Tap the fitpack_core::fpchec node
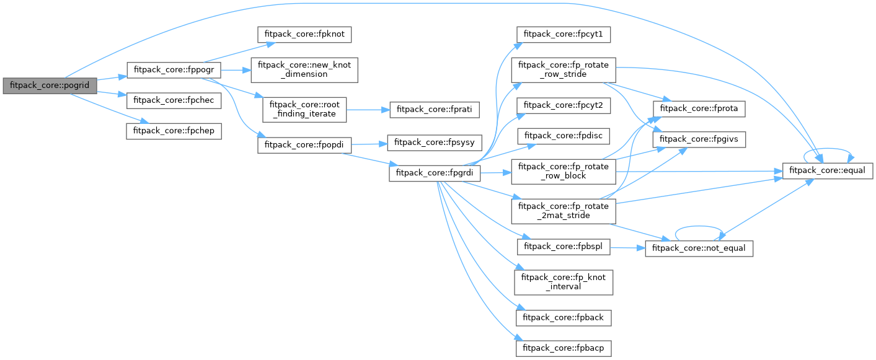pyautogui.click(x=174, y=99)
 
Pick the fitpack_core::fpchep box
pyautogui.click(x=174, y=131)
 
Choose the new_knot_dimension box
pyautogui.click(x=305, y=70)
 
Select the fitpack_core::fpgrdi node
pyautogui.click(x=435, y=173)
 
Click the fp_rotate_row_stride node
pyautogui.click(x=562, y=70)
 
